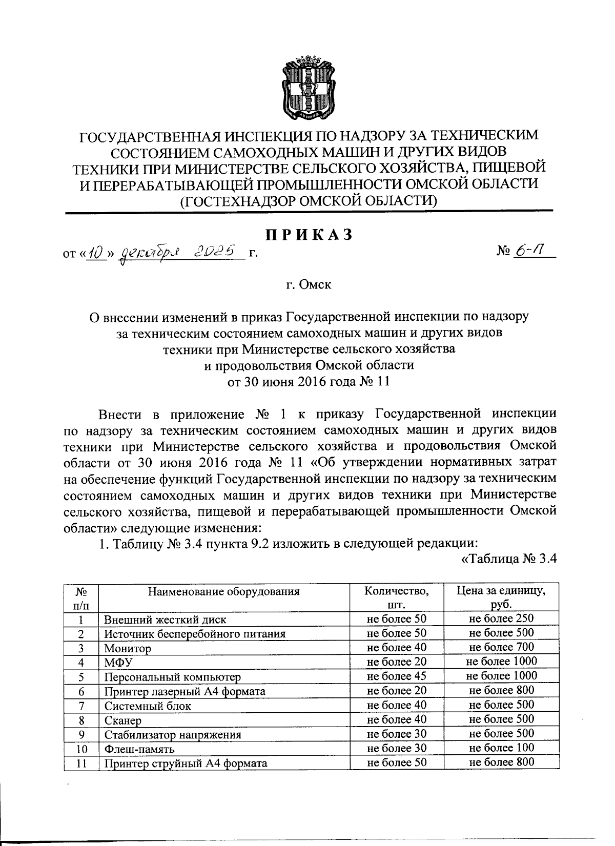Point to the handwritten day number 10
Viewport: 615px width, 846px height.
click(x=95, y=252)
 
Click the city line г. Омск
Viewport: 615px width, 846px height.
click(x=308, y=284)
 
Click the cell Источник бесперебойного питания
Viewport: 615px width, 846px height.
click(x=195, y=634)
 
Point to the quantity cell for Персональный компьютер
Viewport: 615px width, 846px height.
click(x=397, y=676)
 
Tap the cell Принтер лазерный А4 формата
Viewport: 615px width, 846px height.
click(x=184, y=691)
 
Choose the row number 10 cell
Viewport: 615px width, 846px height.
click(x=80, y=749)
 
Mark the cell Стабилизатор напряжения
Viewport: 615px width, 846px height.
click(x=172, y=734)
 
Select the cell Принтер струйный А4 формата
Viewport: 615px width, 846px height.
click(x=186, y=763)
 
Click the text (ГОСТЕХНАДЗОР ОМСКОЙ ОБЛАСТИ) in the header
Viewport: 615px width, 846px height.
click(x=308, y=201)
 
